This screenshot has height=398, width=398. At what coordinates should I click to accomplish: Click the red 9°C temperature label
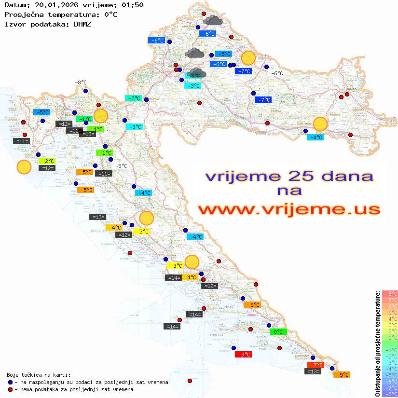pos(243,355)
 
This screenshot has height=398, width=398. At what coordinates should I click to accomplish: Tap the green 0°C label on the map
pos(278,332)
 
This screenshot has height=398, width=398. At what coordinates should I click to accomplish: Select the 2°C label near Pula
pos(49,161)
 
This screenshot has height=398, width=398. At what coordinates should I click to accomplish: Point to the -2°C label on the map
pos(133,98)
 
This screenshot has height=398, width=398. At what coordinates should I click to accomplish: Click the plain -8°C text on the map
pos(80,83)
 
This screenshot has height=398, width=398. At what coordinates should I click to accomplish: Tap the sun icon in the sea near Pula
pos(24,167)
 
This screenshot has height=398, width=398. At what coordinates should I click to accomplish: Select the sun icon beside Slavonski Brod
pos(320,124)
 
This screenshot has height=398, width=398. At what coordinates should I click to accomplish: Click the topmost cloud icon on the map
pos(213,20)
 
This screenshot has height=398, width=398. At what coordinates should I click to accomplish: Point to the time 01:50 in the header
pos(132,5)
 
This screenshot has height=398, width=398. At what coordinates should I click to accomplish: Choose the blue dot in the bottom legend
pos(10,382)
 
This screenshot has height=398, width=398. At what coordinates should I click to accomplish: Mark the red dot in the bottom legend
pos(10,389)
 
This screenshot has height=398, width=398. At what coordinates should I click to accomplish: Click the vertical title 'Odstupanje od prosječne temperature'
pos(377,343)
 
